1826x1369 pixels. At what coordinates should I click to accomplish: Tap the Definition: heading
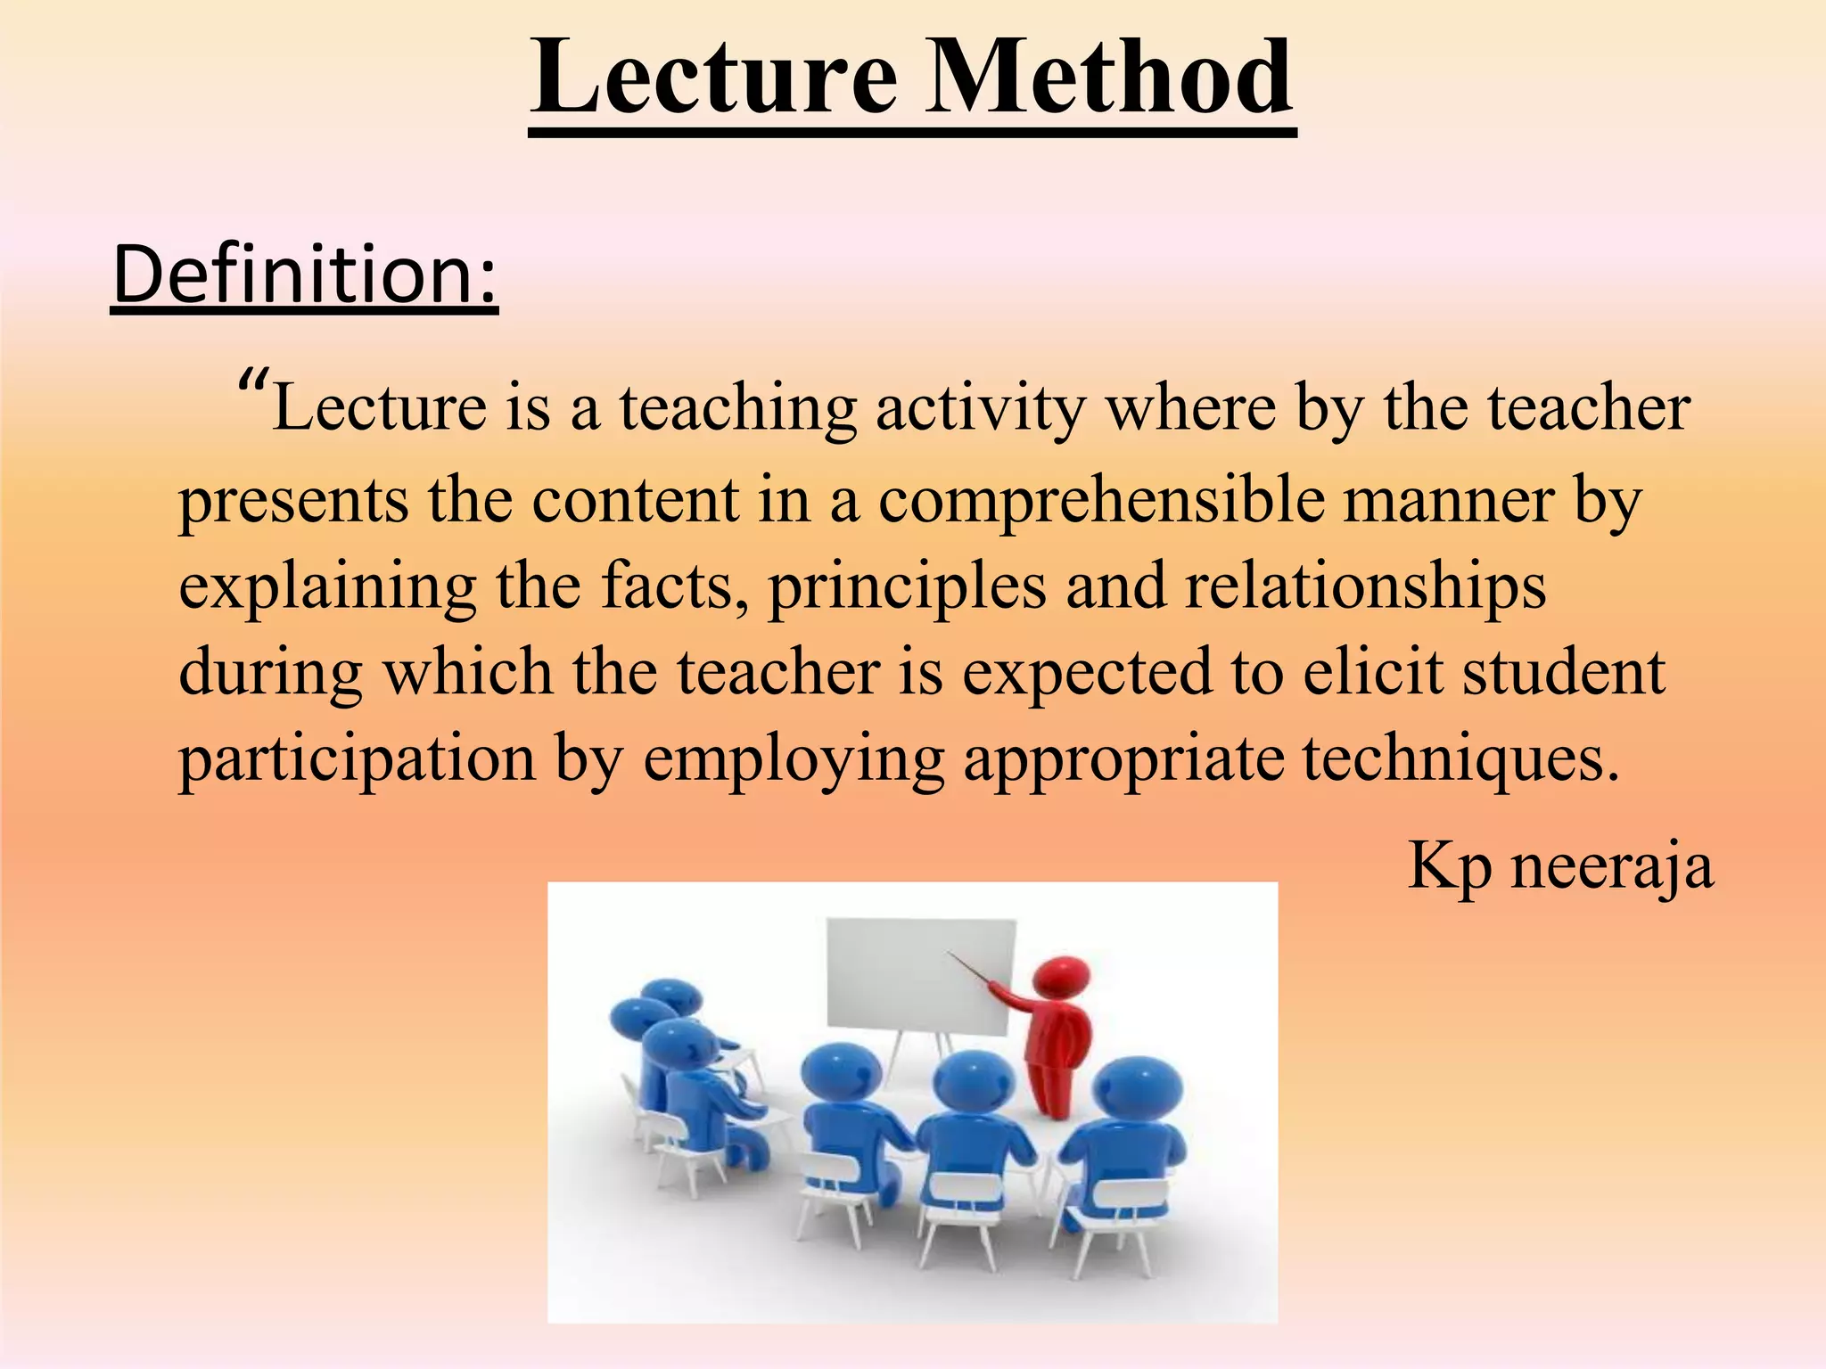(304, 275)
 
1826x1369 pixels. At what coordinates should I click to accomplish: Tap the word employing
(793, 760)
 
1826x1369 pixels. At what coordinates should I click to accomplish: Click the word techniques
(1460, 760)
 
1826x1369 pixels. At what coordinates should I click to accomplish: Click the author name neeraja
(1611, 866)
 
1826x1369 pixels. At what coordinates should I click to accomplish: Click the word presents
(293, 502)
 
